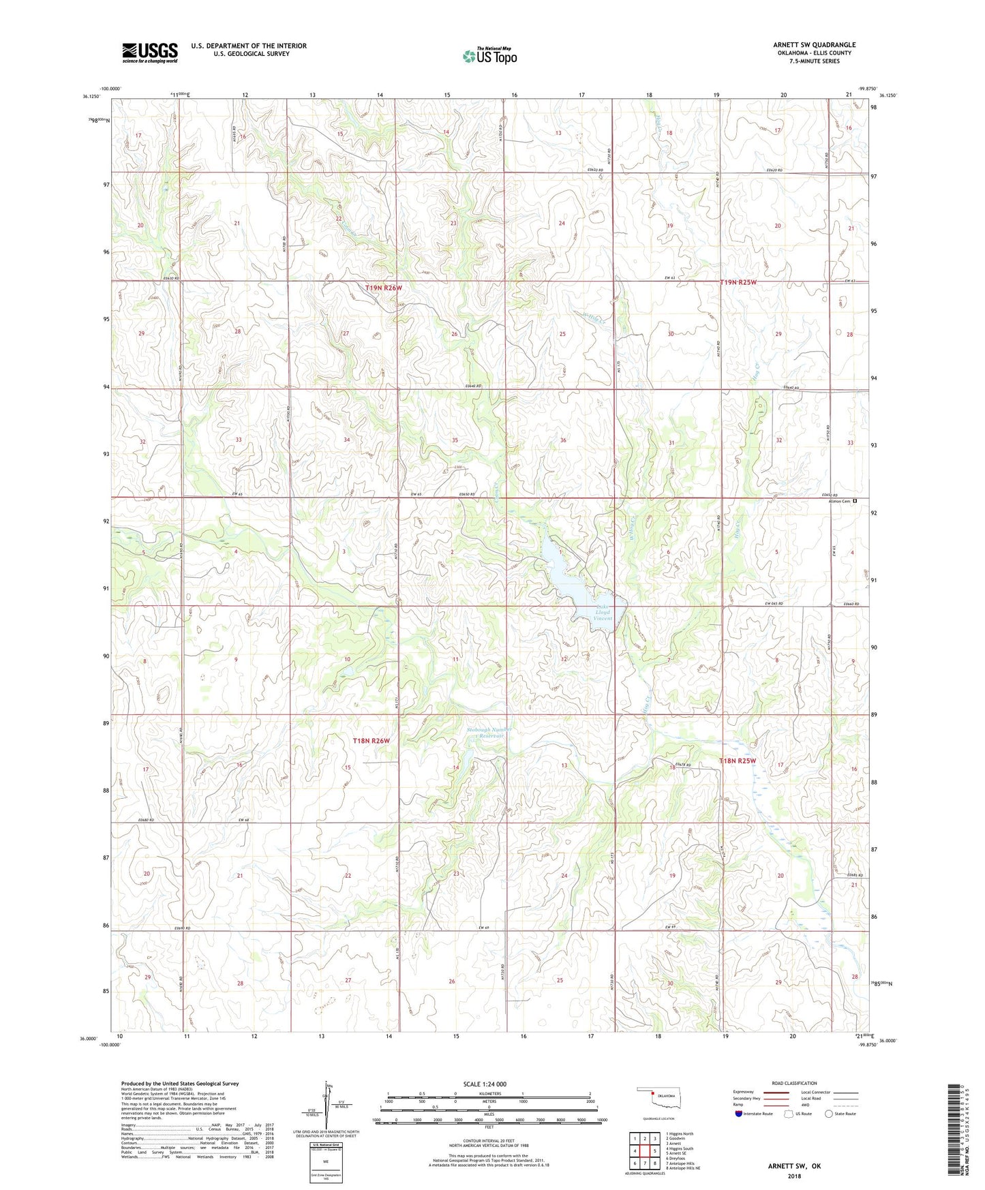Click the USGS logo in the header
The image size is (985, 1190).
(x=150, y=52)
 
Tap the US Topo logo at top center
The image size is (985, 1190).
(x=489, y=56)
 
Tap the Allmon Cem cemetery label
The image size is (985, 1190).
(x=837, y=501)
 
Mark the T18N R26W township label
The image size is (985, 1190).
(x=374, y=741)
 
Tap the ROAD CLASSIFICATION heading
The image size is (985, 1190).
(x=794, y=1083)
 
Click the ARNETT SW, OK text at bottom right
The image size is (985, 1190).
(x=794, y=1166)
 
